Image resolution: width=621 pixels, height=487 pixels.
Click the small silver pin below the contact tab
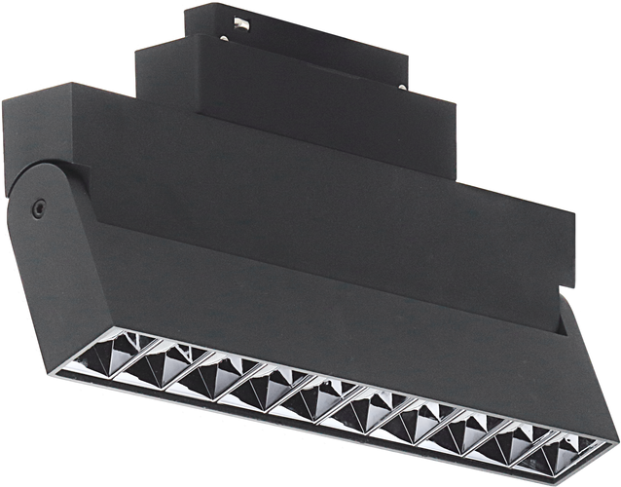pos(225,39)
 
